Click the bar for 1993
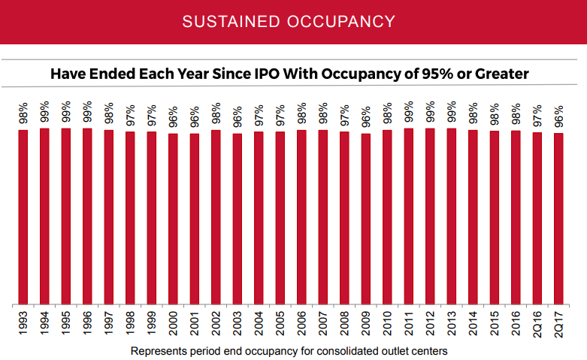[23, 217]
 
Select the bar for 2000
[173, 219]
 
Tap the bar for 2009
[366, 219]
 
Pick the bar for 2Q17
[558, 219]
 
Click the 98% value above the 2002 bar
[216, 113]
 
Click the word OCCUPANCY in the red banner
[345, 21]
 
